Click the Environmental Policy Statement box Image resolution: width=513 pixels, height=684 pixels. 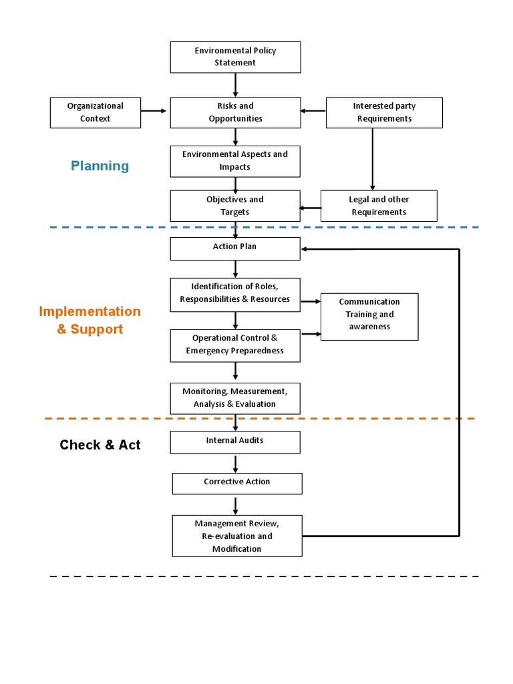(x=235, y=57)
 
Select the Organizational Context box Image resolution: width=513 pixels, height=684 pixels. (x=96, y=112)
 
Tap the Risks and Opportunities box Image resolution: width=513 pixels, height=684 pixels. (x=235, y=112)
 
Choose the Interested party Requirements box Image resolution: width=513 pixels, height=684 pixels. (x=384, y=112)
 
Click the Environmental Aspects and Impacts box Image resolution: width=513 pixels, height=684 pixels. (x=235, y=161)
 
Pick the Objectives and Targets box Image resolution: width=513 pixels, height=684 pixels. (x=235, y=206)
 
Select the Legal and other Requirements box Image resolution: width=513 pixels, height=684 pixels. (x=379, y=206)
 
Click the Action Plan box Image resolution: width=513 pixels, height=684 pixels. (x=235, y=248)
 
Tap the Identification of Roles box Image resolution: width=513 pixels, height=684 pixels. (x=235, y=294)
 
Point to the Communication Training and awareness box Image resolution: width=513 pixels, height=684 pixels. (x=369, y=316)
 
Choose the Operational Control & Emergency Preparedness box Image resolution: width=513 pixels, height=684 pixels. (x=235, y=345)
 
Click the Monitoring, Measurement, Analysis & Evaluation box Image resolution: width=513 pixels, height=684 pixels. (x=235, y=398)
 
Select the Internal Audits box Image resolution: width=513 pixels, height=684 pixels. (x=235, y=442)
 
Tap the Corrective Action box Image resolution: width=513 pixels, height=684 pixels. (x=237, y=483)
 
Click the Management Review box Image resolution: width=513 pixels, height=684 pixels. (x=237, y=536)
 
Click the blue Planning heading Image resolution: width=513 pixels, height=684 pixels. (x=100, y=166)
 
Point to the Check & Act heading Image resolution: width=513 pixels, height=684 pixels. (x=100, y=445)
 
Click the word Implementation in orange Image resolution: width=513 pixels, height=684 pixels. (x=90, y=311)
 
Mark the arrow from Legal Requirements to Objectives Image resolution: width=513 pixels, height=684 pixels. (x=311, y=208)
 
